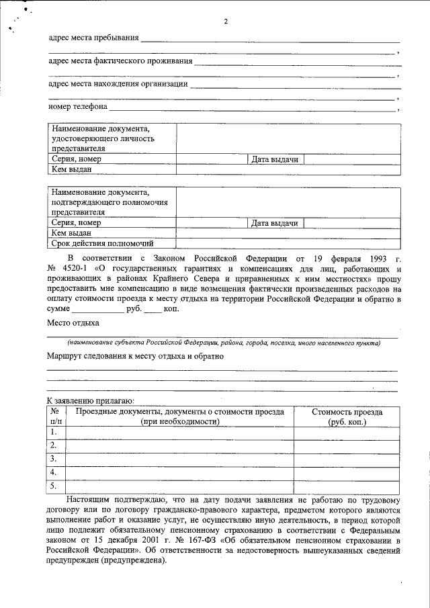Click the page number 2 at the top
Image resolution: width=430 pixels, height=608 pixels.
click(226, 22)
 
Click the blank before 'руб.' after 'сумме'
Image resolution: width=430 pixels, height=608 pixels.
click(97, 310)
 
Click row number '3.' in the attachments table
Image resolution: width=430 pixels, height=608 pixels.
click(54, 458)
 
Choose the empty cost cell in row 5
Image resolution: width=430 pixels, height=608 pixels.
click(347, 486)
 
